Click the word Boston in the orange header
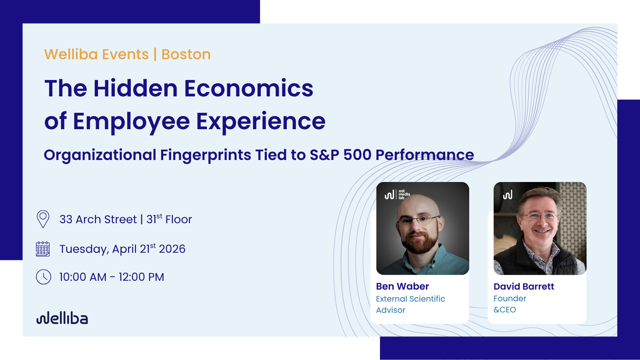coord(186,54)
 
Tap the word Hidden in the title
coord(136,88)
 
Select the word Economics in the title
coord(249,88)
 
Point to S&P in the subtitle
coord(324,154)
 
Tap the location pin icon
coord(43,219)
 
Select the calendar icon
coord(43,249)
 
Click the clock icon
coord(44,276)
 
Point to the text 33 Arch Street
coord(98,220)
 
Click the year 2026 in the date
coord(172,249)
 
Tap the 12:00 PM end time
coord(142,277)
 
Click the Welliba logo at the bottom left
coord(62,318)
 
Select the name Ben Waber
coord(402,286)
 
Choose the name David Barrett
coord(524,286)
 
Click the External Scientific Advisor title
coord(410,304)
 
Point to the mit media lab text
coord(404,194)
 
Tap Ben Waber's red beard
coord(420,242)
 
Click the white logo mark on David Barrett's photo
coord(508,195)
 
